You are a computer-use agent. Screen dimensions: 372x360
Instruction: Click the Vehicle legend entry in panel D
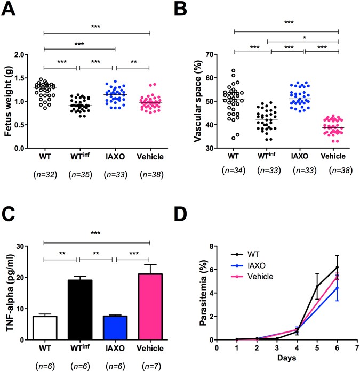click(x=261, y=277)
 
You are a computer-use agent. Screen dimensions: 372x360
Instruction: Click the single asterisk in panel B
click(x=303, y=38)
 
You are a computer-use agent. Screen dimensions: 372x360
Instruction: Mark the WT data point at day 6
click(x=337, y=267)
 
